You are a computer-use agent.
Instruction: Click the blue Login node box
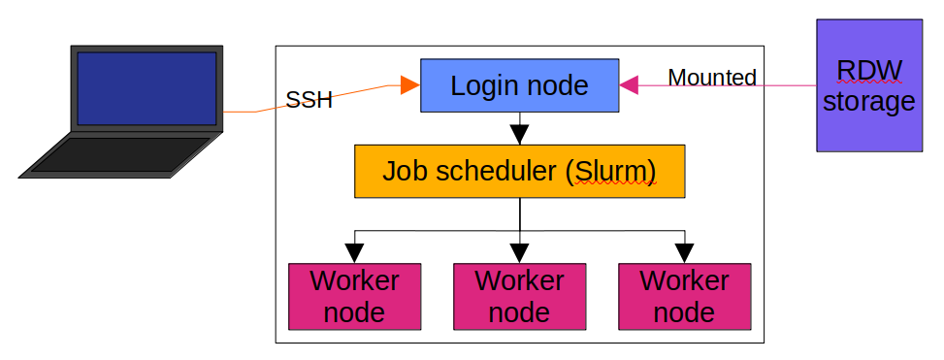[x=519, y=85]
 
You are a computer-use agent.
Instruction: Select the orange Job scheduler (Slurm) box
[x=519, y=171]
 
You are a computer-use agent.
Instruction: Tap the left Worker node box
[x=355, y=296]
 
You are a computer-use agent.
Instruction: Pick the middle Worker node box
[x=519, y=296]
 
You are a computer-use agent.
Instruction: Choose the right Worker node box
[x=684, y=296]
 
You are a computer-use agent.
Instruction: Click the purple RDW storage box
[x=868, y=85]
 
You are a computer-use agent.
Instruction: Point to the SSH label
[x=309, y=100]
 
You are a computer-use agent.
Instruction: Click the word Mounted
[x=712, y=78]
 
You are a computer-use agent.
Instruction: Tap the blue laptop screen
[x=146, y=88]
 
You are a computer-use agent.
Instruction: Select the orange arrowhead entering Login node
[x=409, y=86]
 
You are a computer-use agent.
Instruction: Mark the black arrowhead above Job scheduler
[x=519, y=135]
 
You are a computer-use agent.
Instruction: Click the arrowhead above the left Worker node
[x=355, y=254]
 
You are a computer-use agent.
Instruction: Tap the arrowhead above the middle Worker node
[x=520, y=254]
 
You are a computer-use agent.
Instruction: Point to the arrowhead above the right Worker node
[x=684, y=254]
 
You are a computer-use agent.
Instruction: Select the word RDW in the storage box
[x=868, y=71]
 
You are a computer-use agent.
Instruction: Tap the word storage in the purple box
[x=868, y=101]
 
